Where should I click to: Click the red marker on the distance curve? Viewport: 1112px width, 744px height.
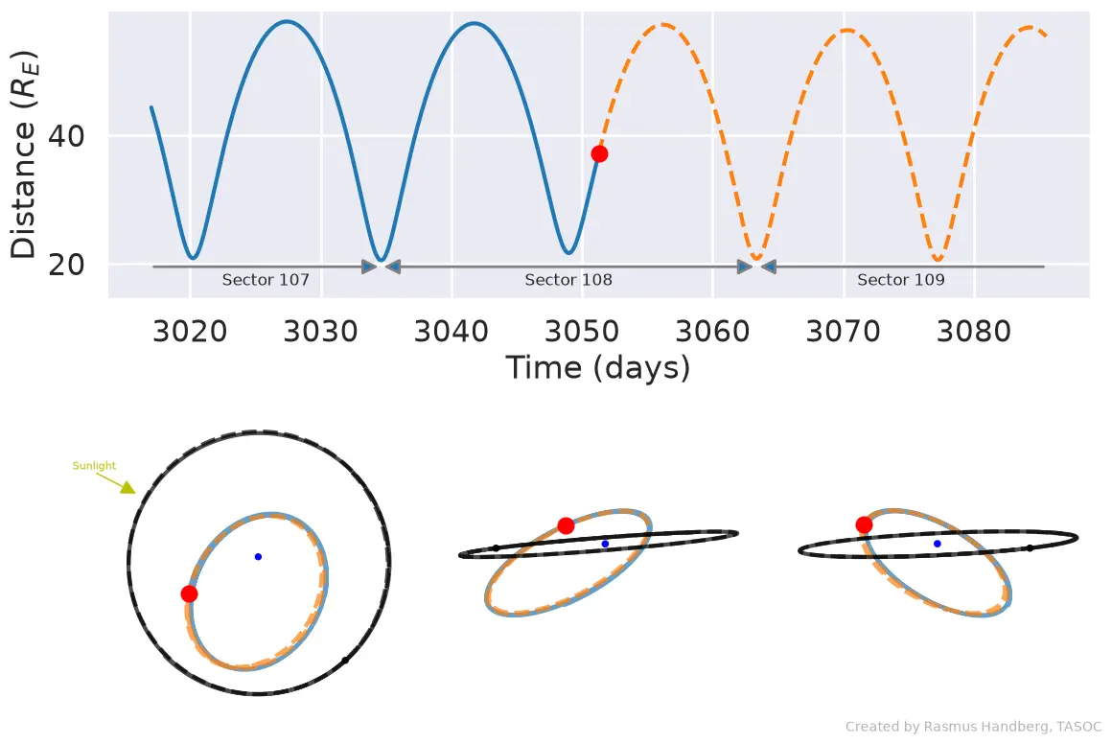click(x=599, y=154)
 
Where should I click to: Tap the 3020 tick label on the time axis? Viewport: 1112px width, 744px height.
click(x=190, y=331)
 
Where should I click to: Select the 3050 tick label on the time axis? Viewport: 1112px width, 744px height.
click(x=582, y=331)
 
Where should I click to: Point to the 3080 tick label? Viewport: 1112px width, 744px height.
click(x=974, y=331)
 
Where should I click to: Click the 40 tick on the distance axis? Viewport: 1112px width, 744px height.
click(x=66, y=135)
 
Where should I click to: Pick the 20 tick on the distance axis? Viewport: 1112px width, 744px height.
click(x=66, y=265)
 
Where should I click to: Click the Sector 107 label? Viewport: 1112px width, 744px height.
click(x=266, y=280)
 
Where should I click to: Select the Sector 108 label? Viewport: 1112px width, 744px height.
click(x=568, y=280)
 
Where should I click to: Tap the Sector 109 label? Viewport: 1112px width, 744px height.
click(x=901, y=280)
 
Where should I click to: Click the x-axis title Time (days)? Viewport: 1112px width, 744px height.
click(x=598, y=368)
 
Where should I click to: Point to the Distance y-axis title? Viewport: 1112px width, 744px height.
click(x=23, y=154)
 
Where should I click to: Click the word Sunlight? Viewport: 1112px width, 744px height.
click(x=94, y=466)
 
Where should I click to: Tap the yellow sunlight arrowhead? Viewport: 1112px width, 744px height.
click(x=128, y=487)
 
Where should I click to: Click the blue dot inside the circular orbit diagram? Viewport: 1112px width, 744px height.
click(x=258, y=557)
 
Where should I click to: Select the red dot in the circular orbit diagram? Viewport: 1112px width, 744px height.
click(x=190, y=593)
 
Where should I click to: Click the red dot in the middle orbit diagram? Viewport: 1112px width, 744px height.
click(x=566, y=525)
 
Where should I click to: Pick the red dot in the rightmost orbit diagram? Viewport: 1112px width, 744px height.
click(x=864, y=524)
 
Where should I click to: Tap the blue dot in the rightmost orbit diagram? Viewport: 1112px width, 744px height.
click(x=938, y=544)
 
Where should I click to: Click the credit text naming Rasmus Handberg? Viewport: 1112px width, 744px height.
click(x=974, y=727)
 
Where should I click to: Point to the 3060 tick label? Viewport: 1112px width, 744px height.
click(x=712, y=331)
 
